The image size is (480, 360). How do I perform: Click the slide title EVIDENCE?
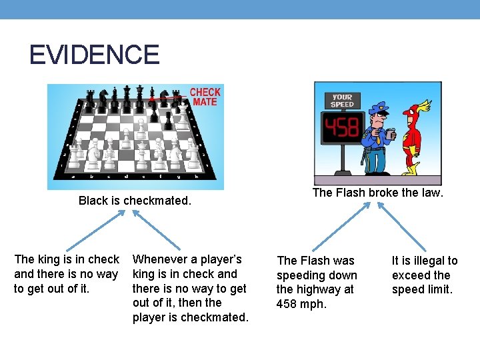pyautogui.click(x=94, y=55)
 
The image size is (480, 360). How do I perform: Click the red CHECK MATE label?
pyautogui.click(x=205, y=97)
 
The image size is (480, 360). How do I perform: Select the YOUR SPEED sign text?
pyautogui.click(x=342, y=101)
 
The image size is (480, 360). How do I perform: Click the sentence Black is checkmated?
pyautogui.click(x=135, y=201)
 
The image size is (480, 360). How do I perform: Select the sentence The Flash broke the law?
pyautogui.click(x=378, y=193)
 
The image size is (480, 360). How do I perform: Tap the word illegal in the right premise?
pyautogui.click(x=429, y=261)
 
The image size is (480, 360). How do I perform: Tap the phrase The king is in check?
pyautogui.click(x=67, y=259)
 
